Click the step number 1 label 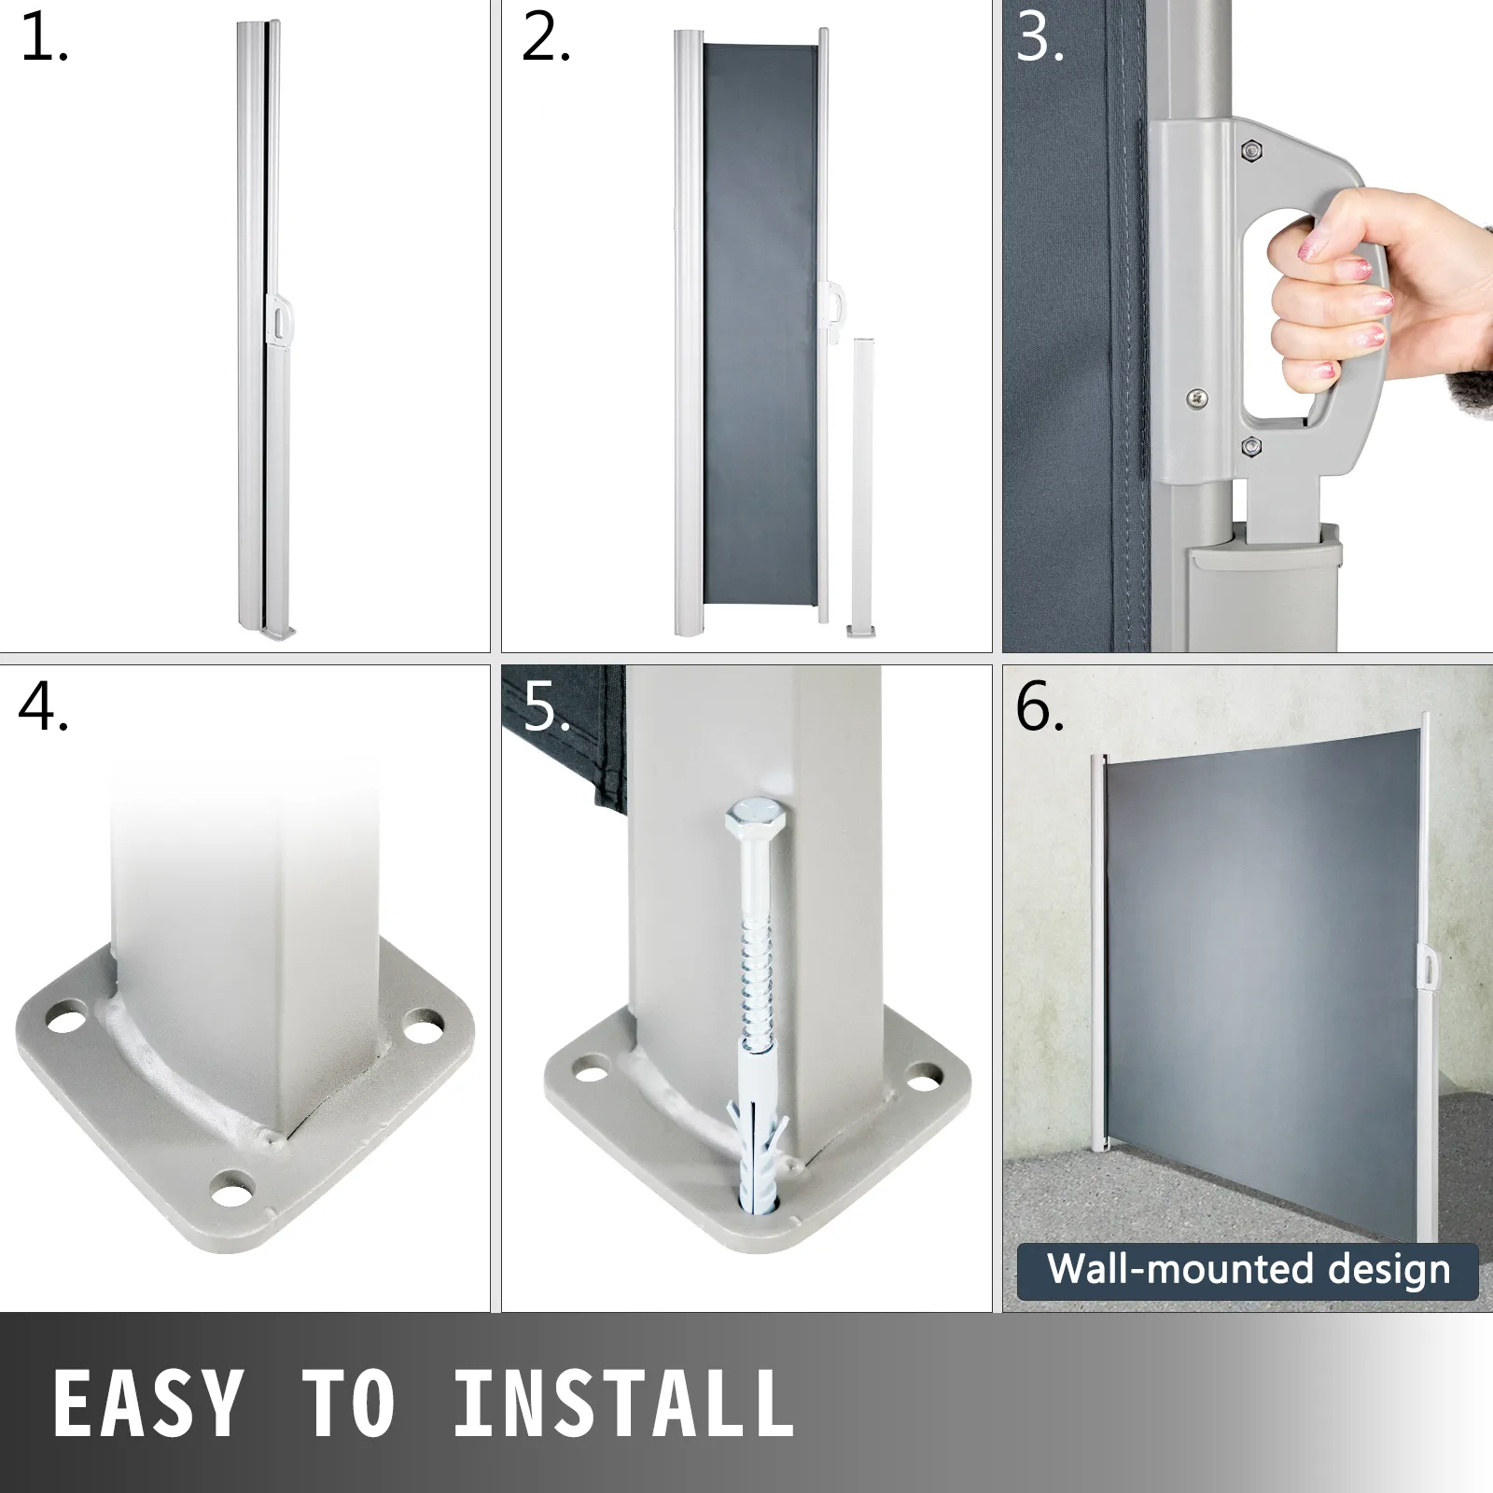[44, 40]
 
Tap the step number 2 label [546, 40]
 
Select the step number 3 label [1040, 40]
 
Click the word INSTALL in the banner [622, 1402]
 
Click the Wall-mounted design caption [1249, 1269]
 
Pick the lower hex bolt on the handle [1249, 447]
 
